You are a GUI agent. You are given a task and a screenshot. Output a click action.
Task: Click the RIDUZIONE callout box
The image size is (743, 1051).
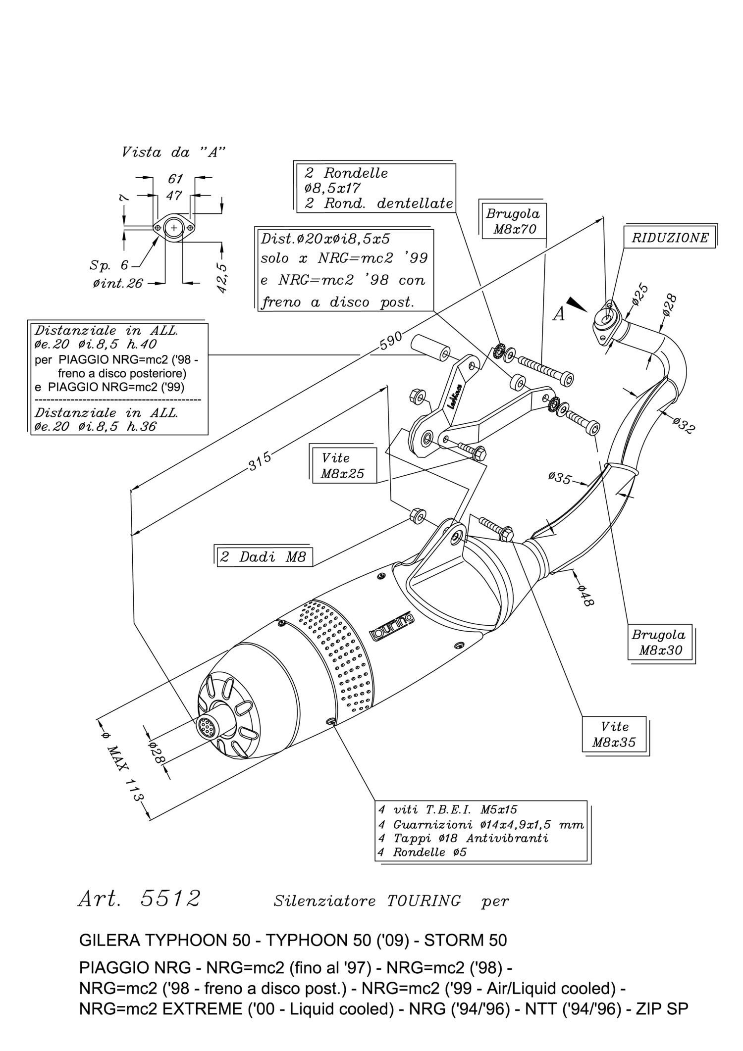click(670, 238)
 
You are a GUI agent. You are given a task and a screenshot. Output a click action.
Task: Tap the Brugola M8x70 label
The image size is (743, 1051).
click(513, 221)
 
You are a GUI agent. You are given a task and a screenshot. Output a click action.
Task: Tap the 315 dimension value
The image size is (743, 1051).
click(260, 461)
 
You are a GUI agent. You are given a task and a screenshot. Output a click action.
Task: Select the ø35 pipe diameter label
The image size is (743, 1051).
click(560, 478)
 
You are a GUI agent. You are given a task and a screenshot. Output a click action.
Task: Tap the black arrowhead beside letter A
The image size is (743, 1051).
click(577, 304)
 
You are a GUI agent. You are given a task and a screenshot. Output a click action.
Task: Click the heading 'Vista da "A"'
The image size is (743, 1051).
click(173, 152)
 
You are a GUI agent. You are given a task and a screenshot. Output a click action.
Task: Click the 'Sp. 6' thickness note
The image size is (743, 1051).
click(109, 265)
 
